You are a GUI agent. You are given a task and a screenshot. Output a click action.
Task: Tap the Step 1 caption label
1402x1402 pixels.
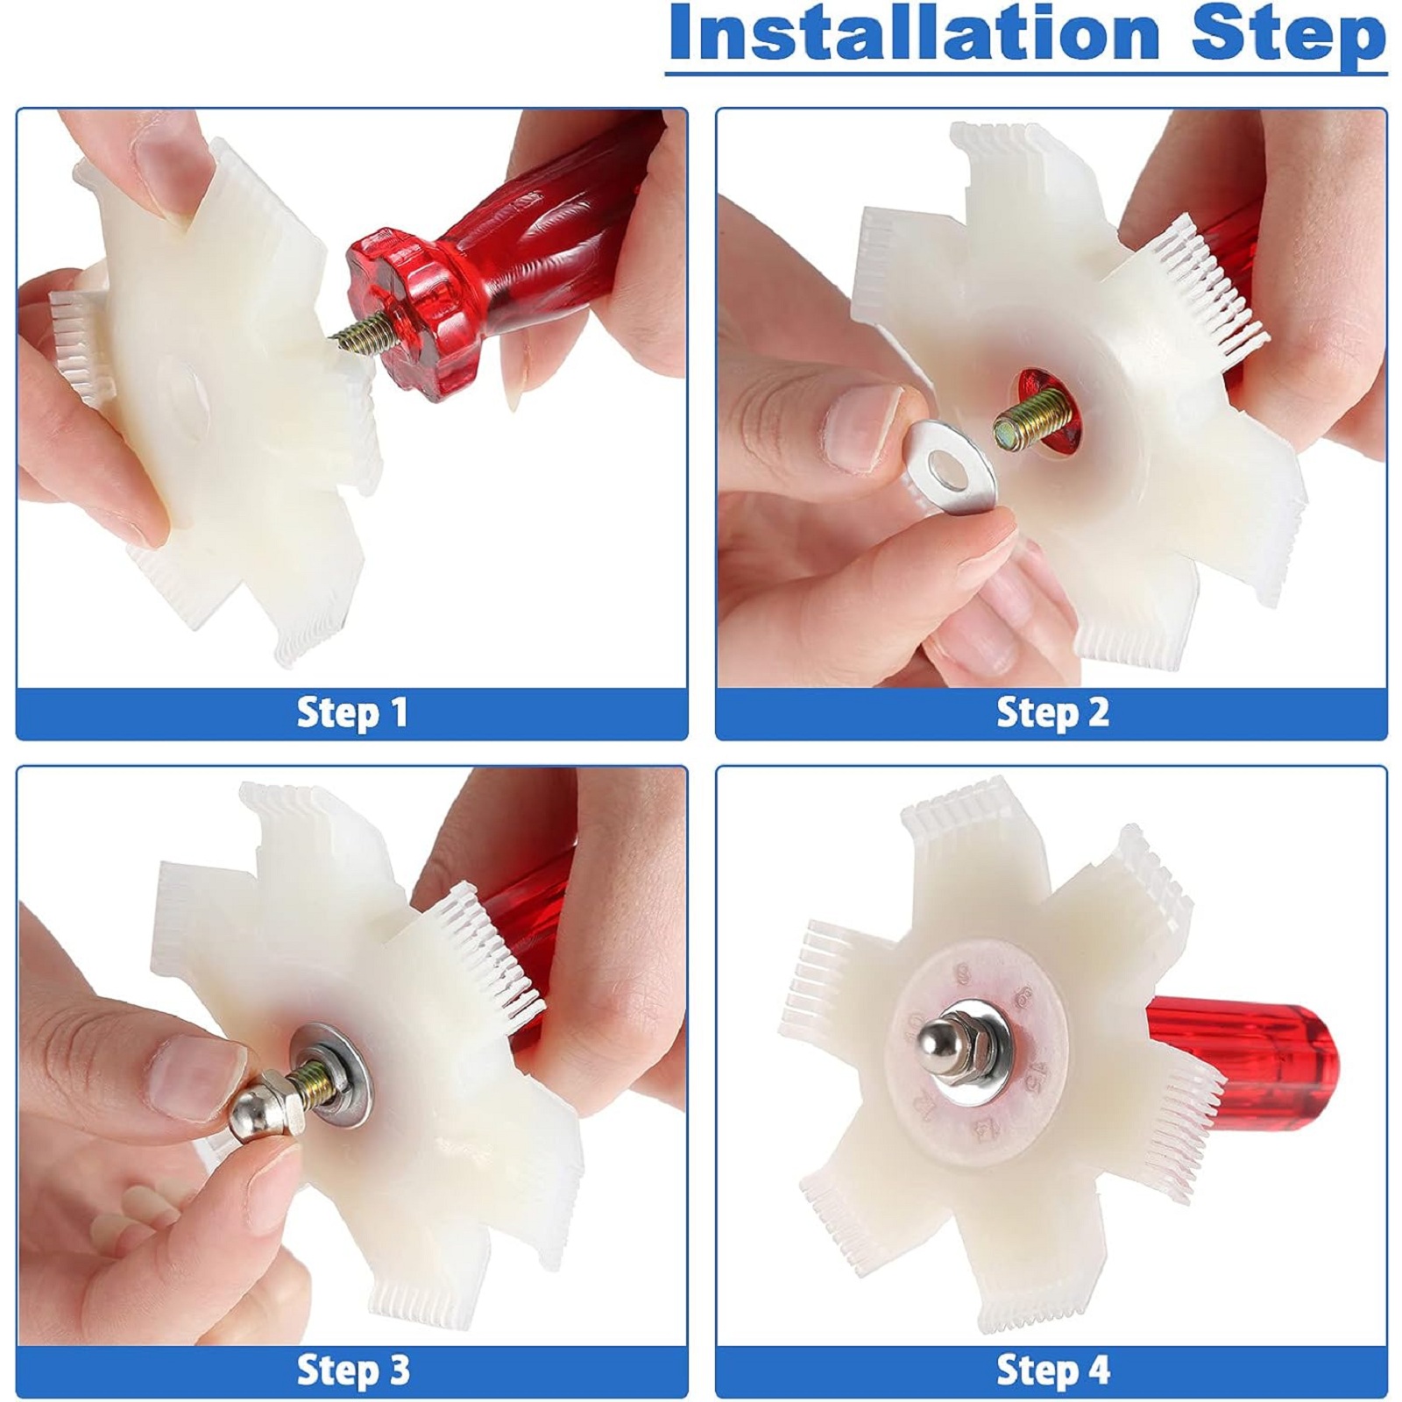click(x=352, y=712)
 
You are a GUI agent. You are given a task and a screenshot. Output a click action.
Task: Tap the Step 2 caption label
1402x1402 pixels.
click(x=1051, y=712)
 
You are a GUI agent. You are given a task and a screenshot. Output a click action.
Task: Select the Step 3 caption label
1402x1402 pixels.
click(x=352, y=1370)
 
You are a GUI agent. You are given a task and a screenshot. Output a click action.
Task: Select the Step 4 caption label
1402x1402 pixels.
click(x=1051, y=1370)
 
